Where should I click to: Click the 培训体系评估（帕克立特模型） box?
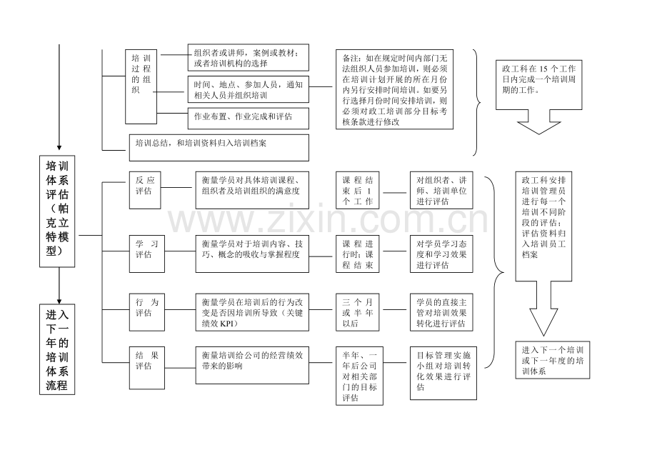[57, 211]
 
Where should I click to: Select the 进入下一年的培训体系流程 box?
[57, 349]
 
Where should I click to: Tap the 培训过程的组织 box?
[141, 86]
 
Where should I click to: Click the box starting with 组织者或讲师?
[248, 57]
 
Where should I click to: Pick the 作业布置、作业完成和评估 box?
[248, 118]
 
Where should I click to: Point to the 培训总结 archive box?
[219, 147]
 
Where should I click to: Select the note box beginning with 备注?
[394, 89]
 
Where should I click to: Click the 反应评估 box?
[145, 190]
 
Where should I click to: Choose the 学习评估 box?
[146, 254]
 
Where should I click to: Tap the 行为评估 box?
[146, 312]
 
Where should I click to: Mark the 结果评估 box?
[146, 368]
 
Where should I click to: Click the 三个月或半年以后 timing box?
[357, 312]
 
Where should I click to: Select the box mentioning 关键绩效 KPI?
[252, 312]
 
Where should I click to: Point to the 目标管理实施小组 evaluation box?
[443, 374]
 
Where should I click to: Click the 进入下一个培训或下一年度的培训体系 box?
[552, 360]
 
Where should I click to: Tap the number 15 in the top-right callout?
[543, 69]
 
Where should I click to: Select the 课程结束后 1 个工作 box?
[357, 190]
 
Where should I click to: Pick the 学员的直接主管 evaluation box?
[441, 312]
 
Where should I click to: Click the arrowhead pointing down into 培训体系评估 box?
[59, 147]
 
